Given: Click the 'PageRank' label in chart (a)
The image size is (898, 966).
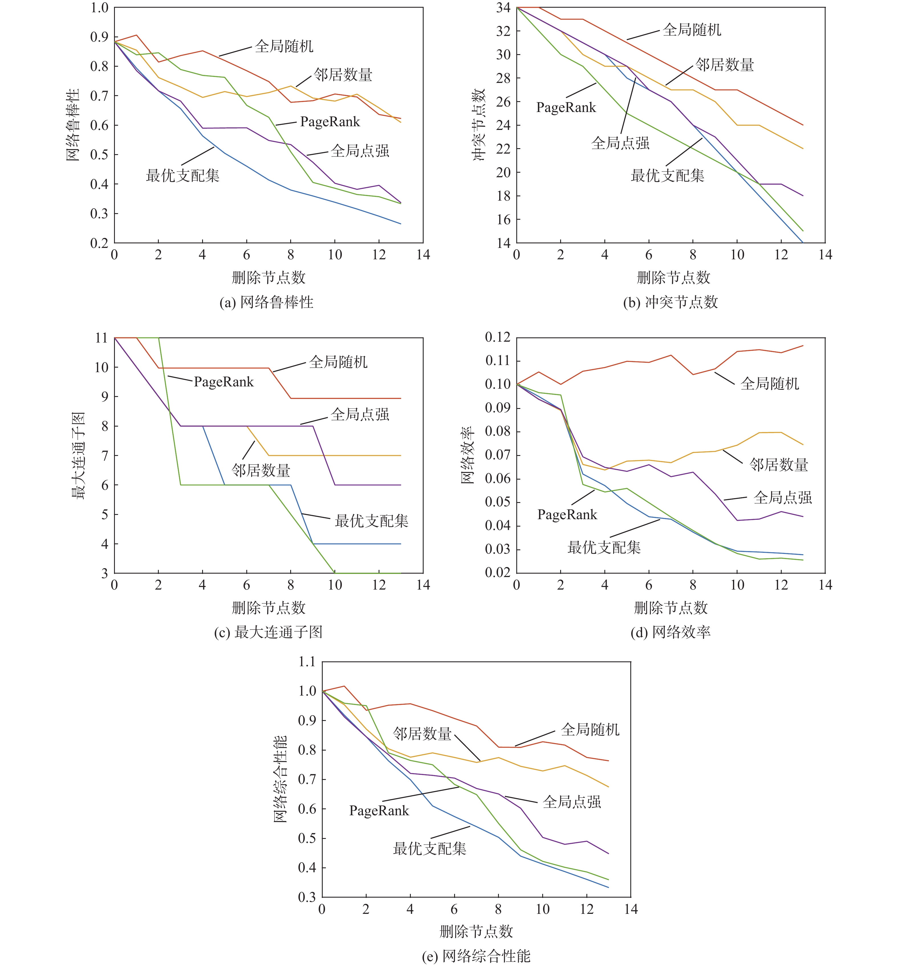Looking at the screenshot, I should coord(330,122).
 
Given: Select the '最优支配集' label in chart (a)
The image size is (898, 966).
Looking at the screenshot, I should coord(183,176).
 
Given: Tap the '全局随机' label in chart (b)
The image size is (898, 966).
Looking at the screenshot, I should coord(692,30).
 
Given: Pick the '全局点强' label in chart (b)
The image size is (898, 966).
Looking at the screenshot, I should coord(621,143).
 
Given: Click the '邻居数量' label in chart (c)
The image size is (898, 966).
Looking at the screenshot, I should coord(261,471).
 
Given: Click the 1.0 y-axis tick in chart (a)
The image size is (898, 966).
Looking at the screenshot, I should coord(99,8).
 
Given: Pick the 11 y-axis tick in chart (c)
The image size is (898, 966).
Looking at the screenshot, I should coord(101,338).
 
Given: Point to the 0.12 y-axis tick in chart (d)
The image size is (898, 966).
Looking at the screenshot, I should coord(498,338).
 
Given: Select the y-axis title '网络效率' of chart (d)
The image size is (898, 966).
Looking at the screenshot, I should coord(468,455).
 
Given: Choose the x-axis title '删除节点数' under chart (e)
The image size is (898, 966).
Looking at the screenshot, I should coord(476,932).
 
